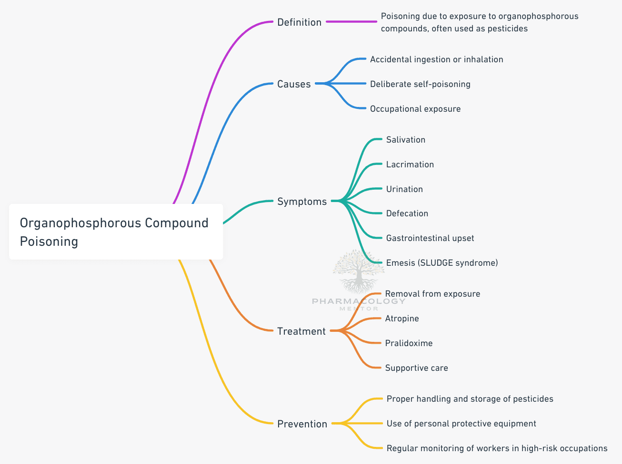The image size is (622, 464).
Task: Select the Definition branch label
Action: [299, 22]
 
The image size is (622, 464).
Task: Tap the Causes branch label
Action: [294, 84]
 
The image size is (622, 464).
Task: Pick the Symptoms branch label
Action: [302, 202]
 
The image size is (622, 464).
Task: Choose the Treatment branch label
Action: [301, 331]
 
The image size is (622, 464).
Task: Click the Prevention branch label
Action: [302, 424]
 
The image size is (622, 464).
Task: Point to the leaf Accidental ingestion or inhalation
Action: [436, 59]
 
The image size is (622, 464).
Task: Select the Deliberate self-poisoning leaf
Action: [420, 84]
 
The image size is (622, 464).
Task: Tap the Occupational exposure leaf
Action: [415, 109]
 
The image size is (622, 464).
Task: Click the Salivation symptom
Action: [406, 140]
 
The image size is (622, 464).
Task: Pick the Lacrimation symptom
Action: [410, 164]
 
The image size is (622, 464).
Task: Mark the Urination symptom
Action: [404, 189]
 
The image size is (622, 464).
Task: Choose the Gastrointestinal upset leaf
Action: [430, 238]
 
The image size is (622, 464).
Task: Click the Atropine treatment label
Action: [402, 319]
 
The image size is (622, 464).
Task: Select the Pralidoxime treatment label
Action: [409, 343]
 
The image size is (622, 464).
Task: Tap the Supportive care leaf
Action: [416, 368]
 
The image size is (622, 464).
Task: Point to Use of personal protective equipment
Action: [461, 424]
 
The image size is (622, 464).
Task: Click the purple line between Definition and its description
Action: [351, 22]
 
